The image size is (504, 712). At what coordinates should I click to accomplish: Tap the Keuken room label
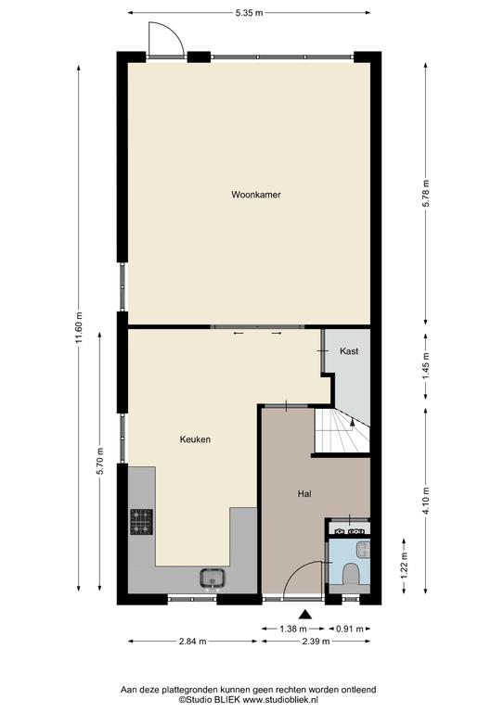click(195, 439)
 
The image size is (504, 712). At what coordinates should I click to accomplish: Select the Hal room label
click(304, 493)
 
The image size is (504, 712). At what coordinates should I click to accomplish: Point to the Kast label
click(349, 351)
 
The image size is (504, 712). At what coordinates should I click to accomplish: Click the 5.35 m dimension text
click(249, 13)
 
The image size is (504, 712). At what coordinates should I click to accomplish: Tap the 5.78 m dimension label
click(425, 194)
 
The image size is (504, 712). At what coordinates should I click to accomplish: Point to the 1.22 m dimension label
click(404, 566)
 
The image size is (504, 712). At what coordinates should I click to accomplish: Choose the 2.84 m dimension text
click(192, 642)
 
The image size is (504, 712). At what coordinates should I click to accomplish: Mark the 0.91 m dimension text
click(350, 629)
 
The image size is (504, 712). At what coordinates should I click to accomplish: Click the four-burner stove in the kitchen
click(142, 522)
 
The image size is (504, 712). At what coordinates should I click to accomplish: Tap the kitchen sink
click(213, 578)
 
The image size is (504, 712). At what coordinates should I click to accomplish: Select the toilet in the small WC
click(351, 574)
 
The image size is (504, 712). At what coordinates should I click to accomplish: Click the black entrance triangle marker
click(306, 615)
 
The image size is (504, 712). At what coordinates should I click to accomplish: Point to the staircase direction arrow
click(352, 423)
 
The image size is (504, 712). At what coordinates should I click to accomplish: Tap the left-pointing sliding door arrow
click(239, 334)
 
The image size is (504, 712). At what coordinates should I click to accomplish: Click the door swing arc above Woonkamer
click(172, 32)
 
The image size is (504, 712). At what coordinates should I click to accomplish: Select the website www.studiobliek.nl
click(280, 700)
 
